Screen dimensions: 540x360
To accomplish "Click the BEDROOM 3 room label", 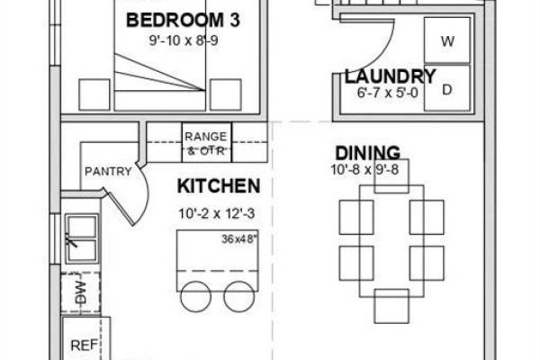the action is (x=183, y=20).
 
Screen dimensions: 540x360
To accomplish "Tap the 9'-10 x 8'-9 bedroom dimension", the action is (x=184, y=40).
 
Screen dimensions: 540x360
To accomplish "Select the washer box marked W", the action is (x=447, y=40).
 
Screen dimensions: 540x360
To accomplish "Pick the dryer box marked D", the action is (x=447, y=88).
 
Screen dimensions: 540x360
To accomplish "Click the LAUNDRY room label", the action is (x=391, y=76).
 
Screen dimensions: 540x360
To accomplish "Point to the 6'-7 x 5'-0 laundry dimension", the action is (x=387, y=93).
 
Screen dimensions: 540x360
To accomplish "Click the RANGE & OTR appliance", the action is (x=207, y=142).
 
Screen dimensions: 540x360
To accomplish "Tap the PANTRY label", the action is (x=108, y=171).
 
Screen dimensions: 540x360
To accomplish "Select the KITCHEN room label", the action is (x=219, y=186).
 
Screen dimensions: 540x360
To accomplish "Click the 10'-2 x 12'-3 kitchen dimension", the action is (x=217, y=213).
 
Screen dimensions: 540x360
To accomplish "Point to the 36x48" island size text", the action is (x=239, y=238).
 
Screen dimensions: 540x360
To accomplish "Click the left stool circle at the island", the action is (x=195, y=297).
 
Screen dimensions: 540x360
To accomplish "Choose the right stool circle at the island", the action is (x=239, y=297).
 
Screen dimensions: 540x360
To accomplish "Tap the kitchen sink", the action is (x=82, y=238).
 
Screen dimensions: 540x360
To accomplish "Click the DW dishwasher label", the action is (x=80, y=292).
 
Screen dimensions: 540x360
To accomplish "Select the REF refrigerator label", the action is (x=84, y=346).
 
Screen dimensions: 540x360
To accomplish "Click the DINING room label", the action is (x=368, y=153).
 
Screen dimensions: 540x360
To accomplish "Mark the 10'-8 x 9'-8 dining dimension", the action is (x=365, y=169).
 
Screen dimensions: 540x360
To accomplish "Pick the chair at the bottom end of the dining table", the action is (x=391, y=306).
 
